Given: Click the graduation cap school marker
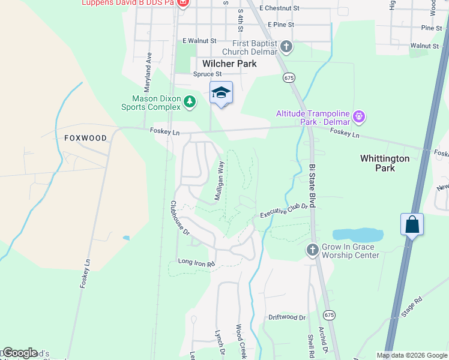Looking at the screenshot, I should point(221,93).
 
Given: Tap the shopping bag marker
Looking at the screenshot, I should point(412,225).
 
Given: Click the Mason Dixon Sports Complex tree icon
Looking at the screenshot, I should point(190,101).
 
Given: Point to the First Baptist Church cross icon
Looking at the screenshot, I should point(286,46).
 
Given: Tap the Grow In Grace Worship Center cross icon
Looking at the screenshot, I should point(312,249).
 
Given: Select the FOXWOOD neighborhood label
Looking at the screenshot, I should point(85,138).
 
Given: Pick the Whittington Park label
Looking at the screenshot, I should point(385,163).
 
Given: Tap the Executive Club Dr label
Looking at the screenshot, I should point(283,211).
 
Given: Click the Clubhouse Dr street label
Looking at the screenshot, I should point(179,217).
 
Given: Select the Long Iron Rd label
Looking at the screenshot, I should point(196,262).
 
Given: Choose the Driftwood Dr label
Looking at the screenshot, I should point(287,317).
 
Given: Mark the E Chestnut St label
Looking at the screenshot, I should point(279,8).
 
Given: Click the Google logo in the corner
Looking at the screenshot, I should point(19,353).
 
